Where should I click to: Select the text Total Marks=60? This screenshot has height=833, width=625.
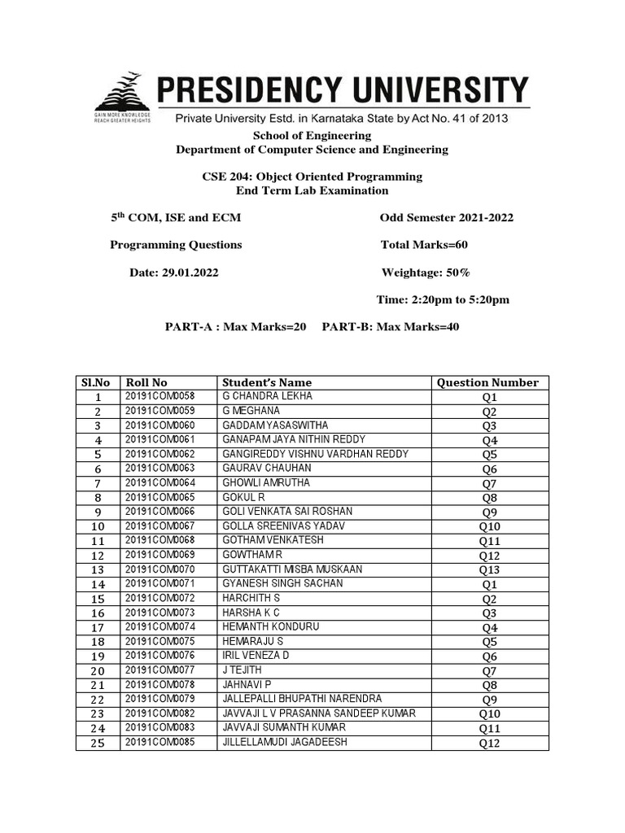pos(424,245)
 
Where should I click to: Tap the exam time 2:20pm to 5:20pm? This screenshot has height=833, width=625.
pos(443,299)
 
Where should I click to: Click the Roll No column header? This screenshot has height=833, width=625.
pos(146,382)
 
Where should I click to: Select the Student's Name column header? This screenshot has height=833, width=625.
pos(266,382)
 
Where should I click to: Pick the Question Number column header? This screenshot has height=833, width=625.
pos(487,382)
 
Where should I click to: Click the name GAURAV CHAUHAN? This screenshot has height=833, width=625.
pos(266,469)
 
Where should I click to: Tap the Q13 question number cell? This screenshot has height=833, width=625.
pos(488,570)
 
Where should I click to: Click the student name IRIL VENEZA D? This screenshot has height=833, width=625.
pos(255,656)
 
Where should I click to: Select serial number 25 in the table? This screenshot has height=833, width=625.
pos(98,744)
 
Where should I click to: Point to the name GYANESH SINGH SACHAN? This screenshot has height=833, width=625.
pos(282,584)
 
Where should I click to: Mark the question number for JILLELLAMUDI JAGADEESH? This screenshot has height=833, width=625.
pos(488,744)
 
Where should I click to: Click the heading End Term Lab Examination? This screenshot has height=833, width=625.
pos(312,190)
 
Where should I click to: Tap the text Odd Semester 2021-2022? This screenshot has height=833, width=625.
pos(446,218)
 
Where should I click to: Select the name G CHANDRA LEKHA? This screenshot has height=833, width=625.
pos(267,396)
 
